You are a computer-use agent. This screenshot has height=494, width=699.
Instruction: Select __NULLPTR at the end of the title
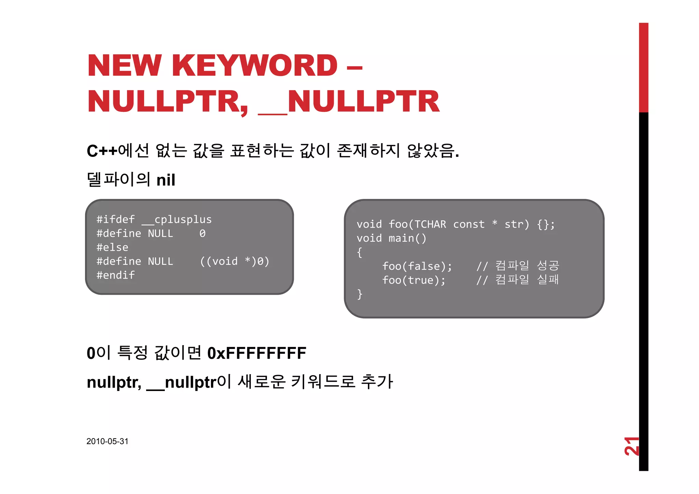coord(349,101)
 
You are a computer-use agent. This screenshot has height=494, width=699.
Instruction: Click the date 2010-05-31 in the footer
coord(107,441)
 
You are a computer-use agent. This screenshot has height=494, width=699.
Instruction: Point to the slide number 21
coord(631,446)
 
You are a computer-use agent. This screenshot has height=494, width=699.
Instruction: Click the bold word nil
coord(166,180)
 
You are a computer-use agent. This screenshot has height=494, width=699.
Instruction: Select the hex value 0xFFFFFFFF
coord(257,353)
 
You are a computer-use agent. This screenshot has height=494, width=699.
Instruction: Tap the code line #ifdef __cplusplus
coord(154,219)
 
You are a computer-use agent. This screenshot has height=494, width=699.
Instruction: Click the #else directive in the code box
coord(112,247)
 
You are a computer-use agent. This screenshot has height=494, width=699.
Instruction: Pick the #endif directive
coord(115,275)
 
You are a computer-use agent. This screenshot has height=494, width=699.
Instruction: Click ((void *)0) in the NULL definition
coord(234,261)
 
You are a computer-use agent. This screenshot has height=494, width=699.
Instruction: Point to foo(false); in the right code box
coord(417,266)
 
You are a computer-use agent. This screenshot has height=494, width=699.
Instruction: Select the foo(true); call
coord(414,280)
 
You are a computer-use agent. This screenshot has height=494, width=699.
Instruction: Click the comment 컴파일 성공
coord(527,265)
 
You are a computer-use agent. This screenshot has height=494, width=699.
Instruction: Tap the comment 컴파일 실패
coord(527,279)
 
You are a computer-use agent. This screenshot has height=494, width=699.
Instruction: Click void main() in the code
coord(391,238)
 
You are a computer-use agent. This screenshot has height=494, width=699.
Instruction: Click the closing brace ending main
coord(359,294)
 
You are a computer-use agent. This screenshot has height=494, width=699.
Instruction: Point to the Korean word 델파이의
coord(118,179)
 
